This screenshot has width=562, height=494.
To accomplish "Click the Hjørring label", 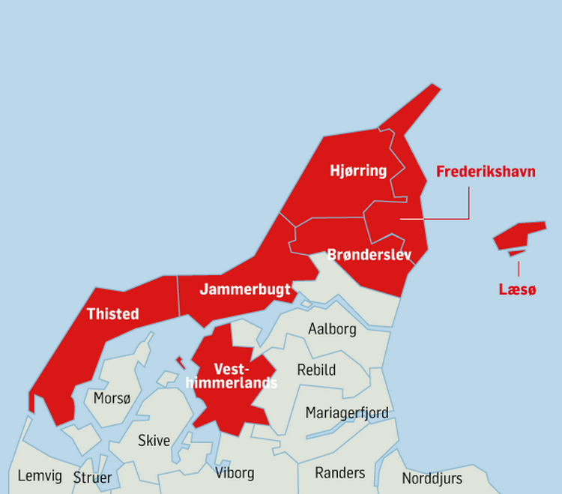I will (x=358, y=171).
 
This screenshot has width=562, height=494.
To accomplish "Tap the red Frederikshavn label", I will (x=486, y=172).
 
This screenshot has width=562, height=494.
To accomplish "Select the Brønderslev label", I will (x=369, y=255).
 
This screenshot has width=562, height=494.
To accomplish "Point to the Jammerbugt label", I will (x=245, y=290).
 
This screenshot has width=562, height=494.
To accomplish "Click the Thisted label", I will (x=112, y=313).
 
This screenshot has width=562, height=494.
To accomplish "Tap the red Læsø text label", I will (x=518, y=289).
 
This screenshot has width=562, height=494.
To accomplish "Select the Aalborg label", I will (x=332, y=329).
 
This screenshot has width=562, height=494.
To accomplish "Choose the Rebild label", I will (x=316, y=370).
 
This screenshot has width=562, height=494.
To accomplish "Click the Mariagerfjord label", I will (x=347, y=413).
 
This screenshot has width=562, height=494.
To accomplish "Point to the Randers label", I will (x=339, y=472).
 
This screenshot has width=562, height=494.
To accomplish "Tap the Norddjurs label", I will (x=432, y=478).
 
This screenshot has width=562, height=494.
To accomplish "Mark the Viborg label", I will (x=235, y=473).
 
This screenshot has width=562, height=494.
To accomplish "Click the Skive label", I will (x=154, y=441).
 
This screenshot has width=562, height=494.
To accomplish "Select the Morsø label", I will (x=112, y=398).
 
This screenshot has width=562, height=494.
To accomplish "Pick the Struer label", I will (x=92, y=478).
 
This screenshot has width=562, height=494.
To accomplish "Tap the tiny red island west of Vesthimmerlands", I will (x=180, y=362).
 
